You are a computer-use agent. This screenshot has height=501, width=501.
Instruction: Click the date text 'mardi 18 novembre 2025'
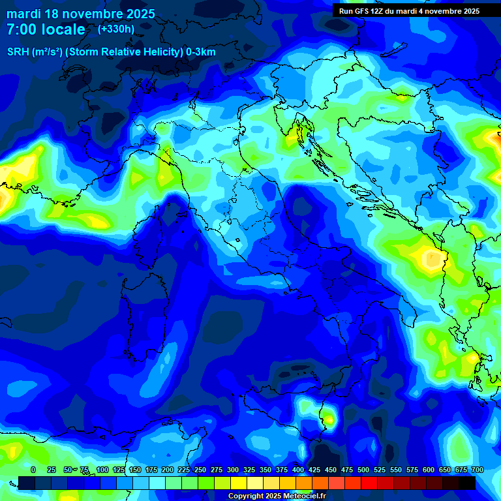point(81,14)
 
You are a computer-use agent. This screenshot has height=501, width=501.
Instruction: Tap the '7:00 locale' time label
point(46,29)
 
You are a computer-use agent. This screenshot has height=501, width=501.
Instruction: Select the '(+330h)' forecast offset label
point(116,29)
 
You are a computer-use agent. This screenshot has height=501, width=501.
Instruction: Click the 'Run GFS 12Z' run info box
point(409,10)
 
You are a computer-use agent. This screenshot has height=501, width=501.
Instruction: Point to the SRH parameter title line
point(111,52)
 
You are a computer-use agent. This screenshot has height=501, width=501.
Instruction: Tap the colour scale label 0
point(33,470)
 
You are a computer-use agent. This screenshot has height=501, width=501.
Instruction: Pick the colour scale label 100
point(102,470)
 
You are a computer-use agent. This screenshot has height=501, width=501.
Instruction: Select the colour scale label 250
point(200,470)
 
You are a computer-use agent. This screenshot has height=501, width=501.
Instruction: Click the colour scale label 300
point(233,470)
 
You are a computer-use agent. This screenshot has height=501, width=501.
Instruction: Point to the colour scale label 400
point(298,470)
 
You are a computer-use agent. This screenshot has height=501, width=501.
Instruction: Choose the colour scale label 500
point(363,470)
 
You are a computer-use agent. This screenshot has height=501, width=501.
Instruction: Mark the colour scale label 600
point(429,470)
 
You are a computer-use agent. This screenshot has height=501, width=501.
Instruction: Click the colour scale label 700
point(478,470)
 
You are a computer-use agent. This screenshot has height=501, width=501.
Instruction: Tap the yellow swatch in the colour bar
point(239,483)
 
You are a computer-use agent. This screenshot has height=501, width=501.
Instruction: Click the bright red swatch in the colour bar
point(369,483)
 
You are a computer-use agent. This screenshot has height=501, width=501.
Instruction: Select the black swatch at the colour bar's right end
point(467,483)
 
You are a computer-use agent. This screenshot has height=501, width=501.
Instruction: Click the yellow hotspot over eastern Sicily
point(330,419)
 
